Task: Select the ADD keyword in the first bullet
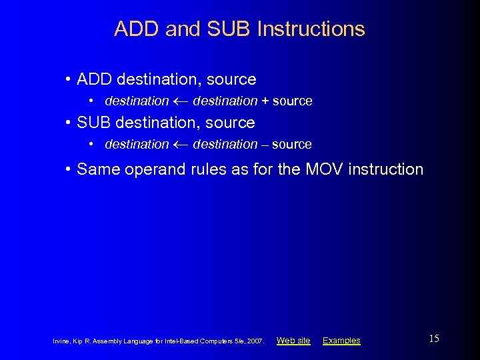94,79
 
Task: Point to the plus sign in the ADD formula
265,101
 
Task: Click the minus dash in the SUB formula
265,145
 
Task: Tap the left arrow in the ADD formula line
181,101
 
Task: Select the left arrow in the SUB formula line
181,145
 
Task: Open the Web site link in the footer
293,341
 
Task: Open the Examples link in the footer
341,341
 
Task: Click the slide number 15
434,339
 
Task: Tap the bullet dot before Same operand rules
69,169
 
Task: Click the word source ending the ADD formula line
292,101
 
